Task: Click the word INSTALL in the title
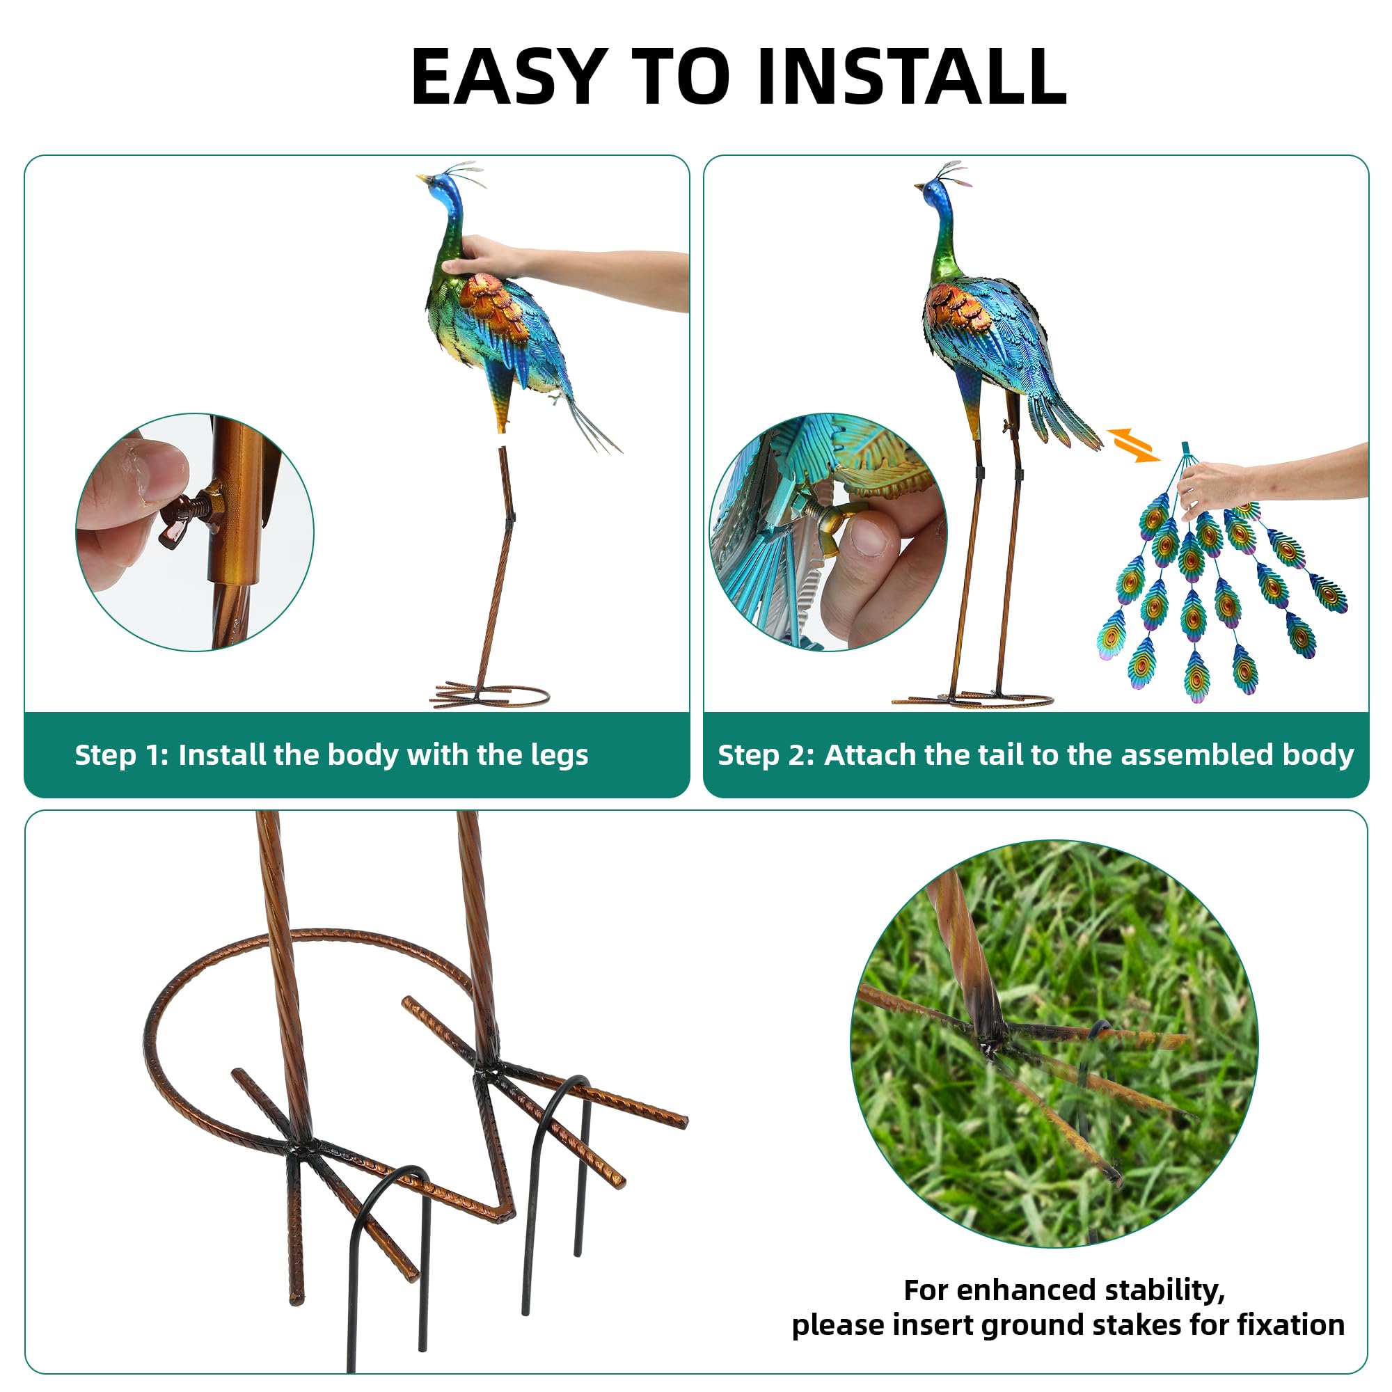coord(912,77)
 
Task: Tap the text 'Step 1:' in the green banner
coord(121,754)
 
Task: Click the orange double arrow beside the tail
coord(1133,445)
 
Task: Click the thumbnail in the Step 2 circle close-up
coord(871,533)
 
